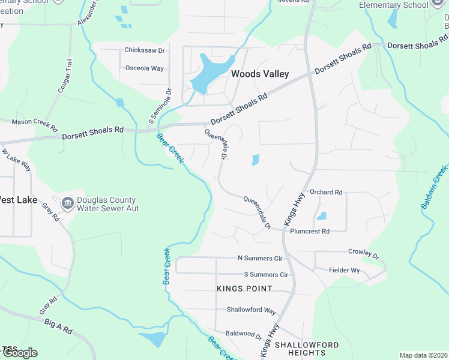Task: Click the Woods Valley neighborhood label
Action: tap(260, 74)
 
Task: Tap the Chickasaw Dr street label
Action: tap(144, 51)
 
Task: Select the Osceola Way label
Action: tap(144, 68)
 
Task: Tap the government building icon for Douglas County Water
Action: tap(68, 203)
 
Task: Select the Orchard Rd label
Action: tap(326, 193)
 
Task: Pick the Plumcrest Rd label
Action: tap(309, 231)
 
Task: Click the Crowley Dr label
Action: tap(364, 254)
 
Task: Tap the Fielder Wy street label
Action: tap(344, 271)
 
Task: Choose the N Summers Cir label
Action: tap(260, 259)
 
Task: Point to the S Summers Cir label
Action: tap(266, 275)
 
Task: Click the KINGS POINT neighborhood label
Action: tap(244, 289)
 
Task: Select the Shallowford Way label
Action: tap(251, 311)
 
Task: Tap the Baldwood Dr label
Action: tap(244, 333)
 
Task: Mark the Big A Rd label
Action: tap(58, 326)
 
